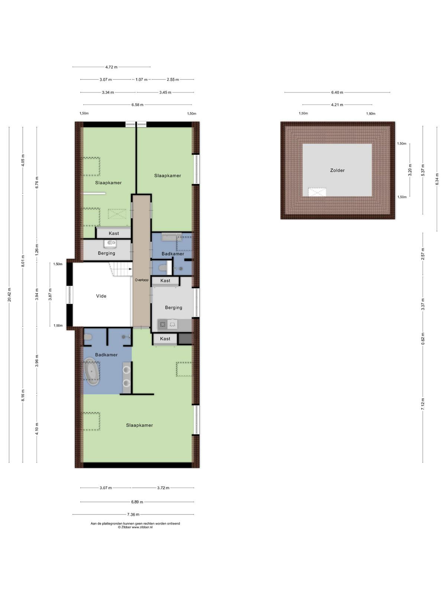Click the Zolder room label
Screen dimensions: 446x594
click(337, 170)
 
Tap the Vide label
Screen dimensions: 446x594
click(101, 296)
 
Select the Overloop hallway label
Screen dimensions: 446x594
click(142, 280)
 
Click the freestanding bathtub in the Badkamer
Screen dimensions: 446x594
click(92, 372)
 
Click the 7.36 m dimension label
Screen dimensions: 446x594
click(133, 515)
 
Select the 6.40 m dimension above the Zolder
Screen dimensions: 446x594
click(337, 92)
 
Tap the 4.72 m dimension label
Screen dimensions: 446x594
click(111, 67)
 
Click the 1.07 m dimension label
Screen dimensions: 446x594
click(141, 79)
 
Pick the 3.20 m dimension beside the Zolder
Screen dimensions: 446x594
click(410, 170)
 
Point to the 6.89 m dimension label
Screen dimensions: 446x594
click(137, 502)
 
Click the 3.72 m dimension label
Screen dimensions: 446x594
click(163, 488)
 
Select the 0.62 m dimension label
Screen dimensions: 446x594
click(423, 339)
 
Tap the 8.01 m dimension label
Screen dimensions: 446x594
click(23, 261)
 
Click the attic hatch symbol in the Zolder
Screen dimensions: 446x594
click(317, 192)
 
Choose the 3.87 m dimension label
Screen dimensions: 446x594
click(50, 294)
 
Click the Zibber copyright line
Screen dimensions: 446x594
click(135, 527)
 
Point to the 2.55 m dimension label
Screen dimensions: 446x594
click(173, 79)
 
